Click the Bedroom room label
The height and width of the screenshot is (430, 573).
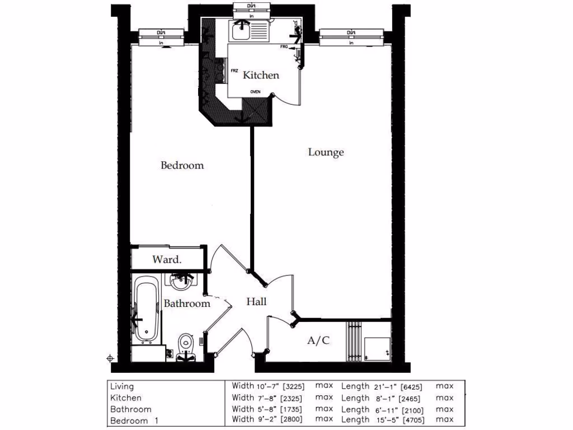click(182, 166)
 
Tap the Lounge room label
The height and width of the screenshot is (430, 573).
click(326, 152)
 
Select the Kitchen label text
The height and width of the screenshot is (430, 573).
click(261, 75)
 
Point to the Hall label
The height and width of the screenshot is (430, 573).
click(256, 302)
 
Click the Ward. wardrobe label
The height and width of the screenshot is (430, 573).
click(167, 260)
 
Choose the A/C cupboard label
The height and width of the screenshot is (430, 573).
click(318, 340)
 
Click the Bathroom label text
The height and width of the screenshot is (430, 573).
click(187, 303)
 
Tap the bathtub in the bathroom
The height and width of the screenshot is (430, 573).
click(147, 309)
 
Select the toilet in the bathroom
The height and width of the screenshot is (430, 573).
click(185, 344)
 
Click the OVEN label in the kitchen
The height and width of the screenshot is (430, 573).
click(255, 92)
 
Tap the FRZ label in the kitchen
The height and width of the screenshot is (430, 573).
click(234, 71)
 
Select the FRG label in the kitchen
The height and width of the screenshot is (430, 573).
click(284, 47)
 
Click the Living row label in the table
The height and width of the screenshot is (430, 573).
click(122, 386)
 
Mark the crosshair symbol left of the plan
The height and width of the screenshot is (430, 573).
click(110, 358)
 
